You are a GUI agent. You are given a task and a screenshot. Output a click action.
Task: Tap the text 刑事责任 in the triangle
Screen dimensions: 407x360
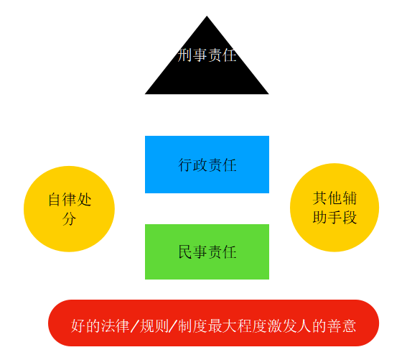(207, 55)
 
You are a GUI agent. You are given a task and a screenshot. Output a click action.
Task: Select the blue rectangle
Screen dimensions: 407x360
(207, 165)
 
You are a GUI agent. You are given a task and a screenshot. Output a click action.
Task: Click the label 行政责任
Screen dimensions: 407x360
(207, 165)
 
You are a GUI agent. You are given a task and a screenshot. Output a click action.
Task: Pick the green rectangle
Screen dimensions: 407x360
(207, 252)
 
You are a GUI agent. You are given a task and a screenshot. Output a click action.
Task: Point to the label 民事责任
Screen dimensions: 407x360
(207, 252)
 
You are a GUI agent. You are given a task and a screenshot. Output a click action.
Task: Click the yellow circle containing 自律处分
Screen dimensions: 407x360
(69, 209)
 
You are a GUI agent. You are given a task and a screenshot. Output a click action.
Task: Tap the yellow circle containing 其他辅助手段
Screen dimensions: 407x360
(335, 208)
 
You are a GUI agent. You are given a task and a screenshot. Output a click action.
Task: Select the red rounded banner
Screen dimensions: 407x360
(213, 323)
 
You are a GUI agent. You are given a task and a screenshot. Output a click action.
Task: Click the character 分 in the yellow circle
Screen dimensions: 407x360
(70, 218)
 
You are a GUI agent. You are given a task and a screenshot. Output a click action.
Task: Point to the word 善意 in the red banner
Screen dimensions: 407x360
(342, 326)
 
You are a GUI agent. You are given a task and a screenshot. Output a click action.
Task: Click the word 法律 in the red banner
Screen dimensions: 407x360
(116, 326)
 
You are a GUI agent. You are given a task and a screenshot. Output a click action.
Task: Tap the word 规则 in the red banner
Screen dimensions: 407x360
(154, 326)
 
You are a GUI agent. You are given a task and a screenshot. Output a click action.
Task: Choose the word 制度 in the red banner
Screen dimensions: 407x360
(192, 326)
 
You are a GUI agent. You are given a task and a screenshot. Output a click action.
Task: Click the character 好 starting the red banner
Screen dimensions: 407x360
(78, 326)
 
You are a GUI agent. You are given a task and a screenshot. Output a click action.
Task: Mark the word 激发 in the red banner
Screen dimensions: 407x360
(282, 326)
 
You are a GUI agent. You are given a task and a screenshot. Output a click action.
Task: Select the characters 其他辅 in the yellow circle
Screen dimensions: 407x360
(335, 198)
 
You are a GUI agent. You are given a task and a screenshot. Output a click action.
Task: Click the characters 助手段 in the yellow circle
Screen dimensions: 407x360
(335, 217)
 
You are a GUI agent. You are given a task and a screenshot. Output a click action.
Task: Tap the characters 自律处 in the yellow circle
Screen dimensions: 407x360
(70, 200)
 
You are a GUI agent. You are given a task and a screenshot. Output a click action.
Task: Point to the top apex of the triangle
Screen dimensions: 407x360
(207, 16)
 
